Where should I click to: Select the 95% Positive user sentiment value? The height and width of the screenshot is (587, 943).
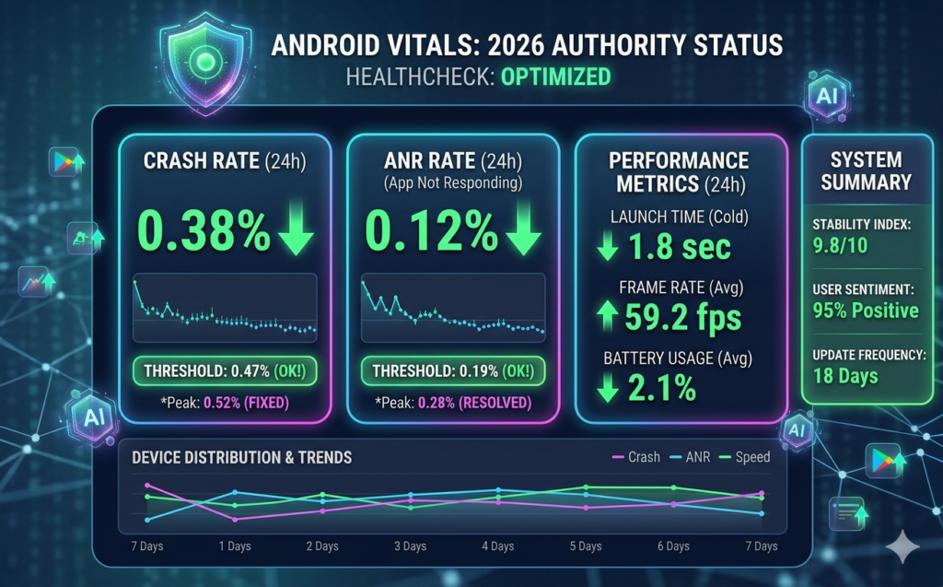pos(866,310)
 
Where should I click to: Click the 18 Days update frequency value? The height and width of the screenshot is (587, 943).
pos(845,375)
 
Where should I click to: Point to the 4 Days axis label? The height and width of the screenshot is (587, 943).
pos(498,546)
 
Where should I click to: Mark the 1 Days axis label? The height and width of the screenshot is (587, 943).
pos(234,546)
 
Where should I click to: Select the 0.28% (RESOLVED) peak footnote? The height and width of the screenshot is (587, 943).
pos(474,402)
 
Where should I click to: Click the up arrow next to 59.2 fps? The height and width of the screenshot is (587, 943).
pos(606,317)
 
